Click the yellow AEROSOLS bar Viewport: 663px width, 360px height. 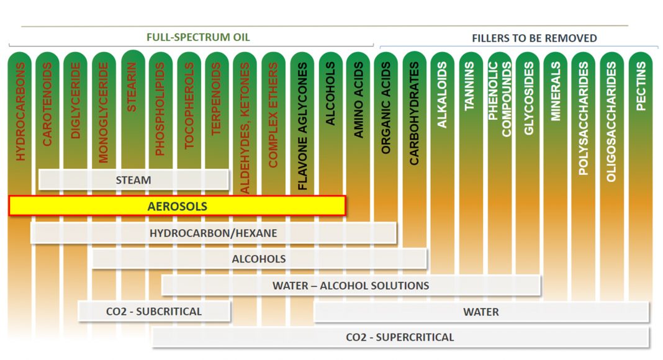177,206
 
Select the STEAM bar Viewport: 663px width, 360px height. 133,180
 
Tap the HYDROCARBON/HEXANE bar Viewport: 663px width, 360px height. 213,233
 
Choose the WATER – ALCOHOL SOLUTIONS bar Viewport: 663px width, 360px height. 351,286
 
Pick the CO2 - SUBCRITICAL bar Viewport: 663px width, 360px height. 154,311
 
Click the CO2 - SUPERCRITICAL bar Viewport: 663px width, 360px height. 400,338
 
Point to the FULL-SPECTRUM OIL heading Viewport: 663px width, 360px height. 198,37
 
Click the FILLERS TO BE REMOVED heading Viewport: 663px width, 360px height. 534,38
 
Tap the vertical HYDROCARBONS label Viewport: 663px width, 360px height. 21,112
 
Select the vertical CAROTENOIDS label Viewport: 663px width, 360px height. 48,104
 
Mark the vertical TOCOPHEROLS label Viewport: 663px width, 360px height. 189,106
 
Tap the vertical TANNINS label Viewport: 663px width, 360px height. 470,86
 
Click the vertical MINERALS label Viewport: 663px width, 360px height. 555,91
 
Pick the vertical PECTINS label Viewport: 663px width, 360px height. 641,86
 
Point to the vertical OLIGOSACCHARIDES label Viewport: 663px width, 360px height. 611,122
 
